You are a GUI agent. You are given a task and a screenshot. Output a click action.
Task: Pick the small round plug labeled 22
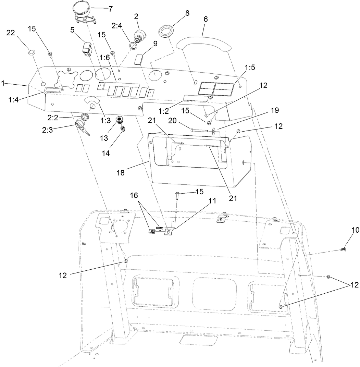[x=31, y=52]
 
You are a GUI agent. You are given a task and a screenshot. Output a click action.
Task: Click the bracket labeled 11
[x=170, y=232]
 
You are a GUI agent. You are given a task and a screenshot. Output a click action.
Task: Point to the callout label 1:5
[x=250, y=67]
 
